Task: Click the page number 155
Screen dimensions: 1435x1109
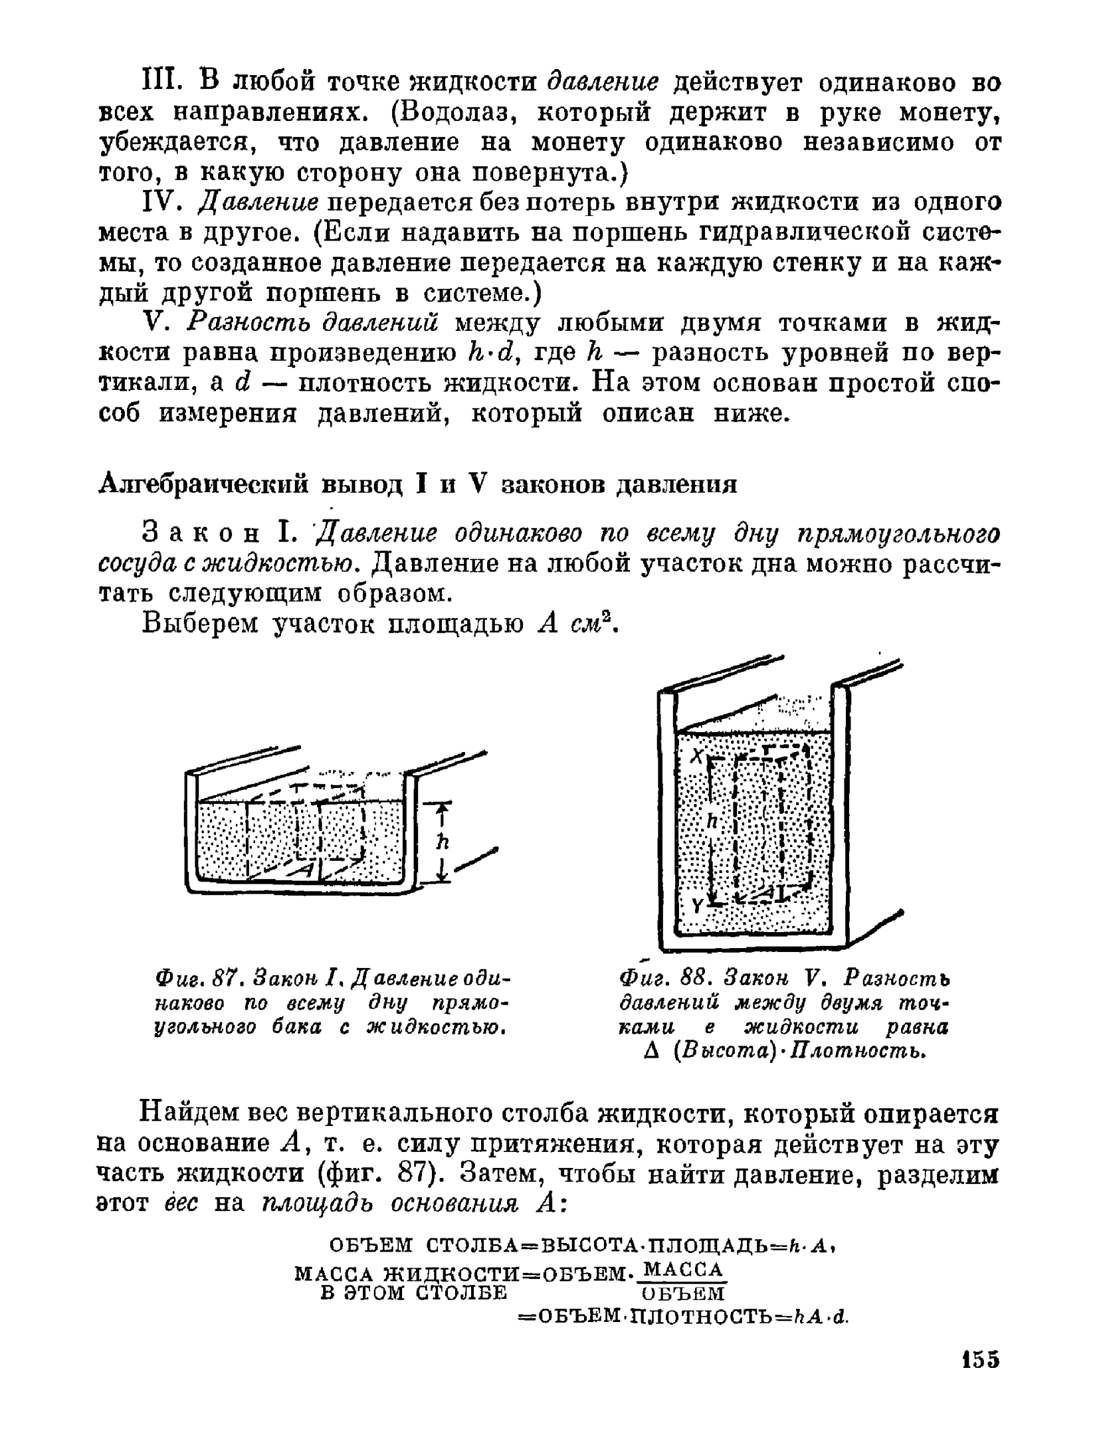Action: [x=979, y=1359]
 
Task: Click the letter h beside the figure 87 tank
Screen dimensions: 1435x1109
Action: [x=443, y=842]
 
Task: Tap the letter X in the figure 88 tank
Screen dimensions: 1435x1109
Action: [x=696, y=755]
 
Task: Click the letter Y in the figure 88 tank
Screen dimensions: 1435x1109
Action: [x=697, y=906]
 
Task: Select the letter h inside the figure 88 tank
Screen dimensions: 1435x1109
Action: [x=712, y=821]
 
